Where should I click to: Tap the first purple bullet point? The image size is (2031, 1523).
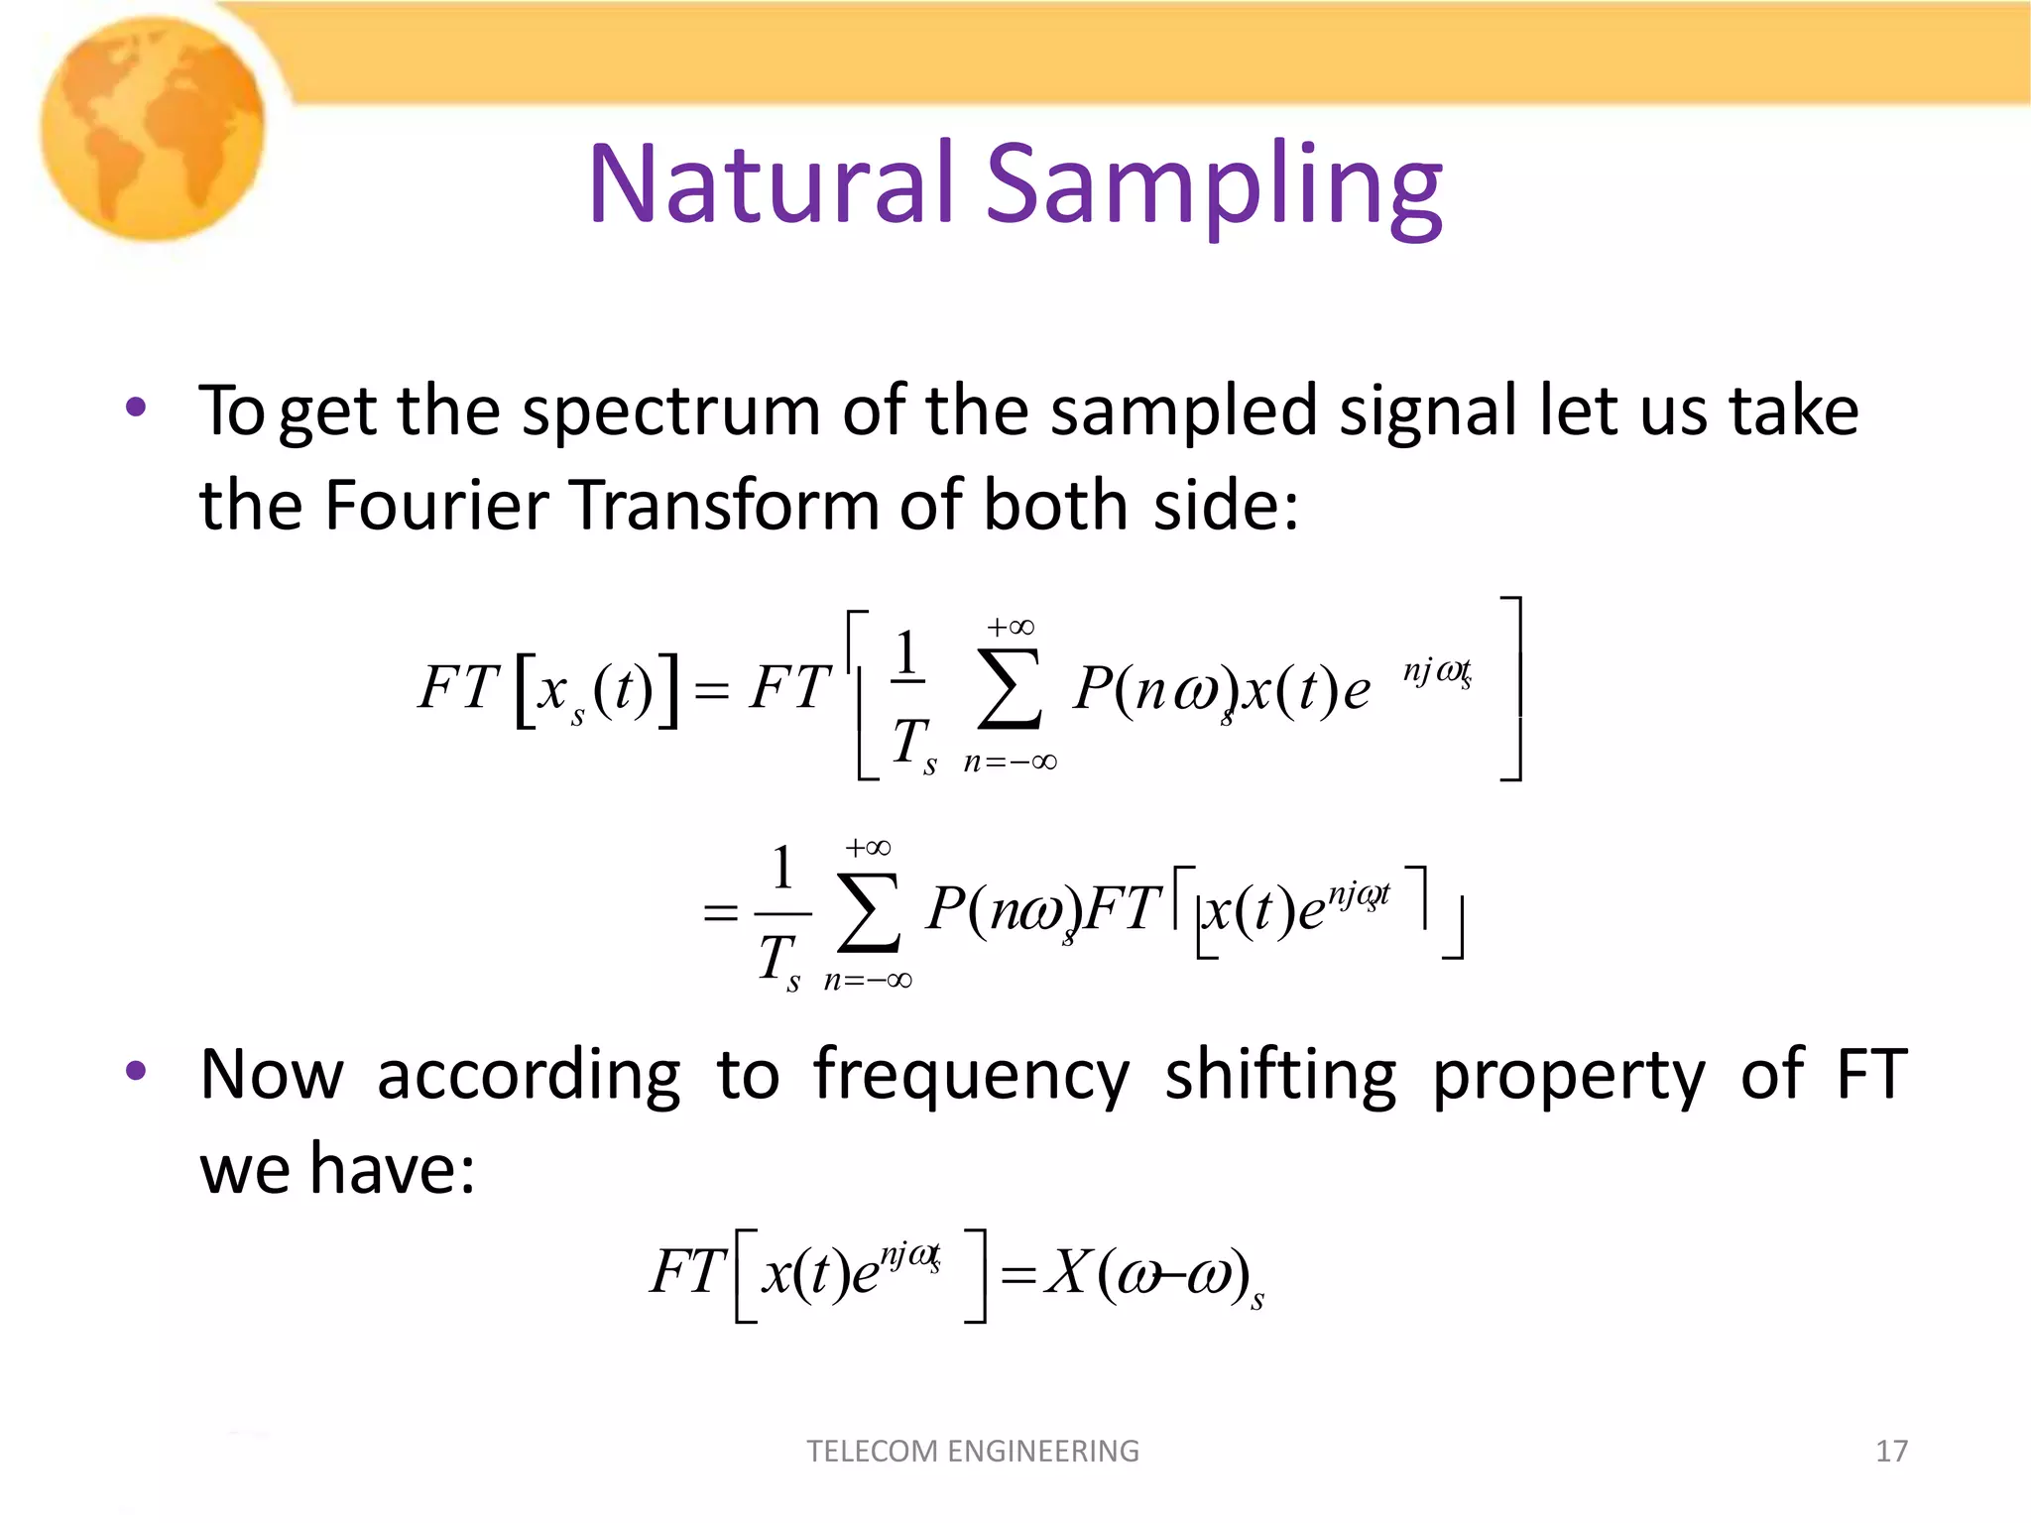[136, 408]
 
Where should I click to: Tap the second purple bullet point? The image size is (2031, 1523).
[136, 1071]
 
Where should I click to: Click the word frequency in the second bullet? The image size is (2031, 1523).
[971, 1077]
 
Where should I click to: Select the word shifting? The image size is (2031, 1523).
[1280, 1075]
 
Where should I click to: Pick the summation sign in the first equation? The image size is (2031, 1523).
[1010, 690]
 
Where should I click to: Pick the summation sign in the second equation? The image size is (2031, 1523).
[869, 911]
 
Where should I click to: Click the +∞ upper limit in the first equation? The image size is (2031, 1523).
[1010, 627]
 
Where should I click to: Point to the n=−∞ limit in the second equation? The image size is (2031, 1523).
[868, 980]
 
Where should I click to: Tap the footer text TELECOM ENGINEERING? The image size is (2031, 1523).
[973, 1451]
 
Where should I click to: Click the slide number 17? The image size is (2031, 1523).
[1891, 1451]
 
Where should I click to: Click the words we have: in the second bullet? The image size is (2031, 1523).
[337, 1168]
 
